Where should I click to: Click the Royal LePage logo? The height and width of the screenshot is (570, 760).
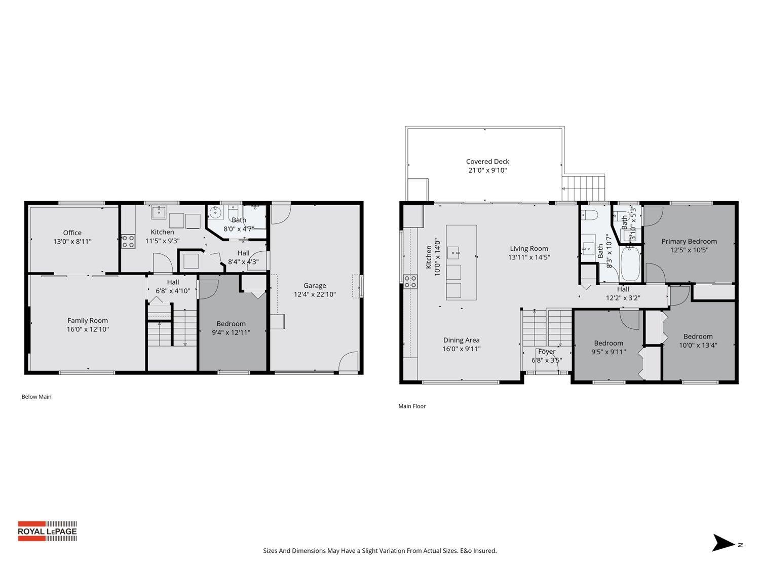point(47,531)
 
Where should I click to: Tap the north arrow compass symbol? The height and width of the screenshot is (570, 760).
point(724,543)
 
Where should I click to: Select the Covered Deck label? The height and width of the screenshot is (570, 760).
point(487,162)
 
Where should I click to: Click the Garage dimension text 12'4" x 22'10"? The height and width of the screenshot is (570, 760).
point(315,294)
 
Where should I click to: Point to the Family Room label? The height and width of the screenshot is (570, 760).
point(88,320)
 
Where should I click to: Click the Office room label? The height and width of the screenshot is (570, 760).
point(72,233)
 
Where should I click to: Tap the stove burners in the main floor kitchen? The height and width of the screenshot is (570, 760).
point(410,281)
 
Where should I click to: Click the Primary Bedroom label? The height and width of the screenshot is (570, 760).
point(689,241)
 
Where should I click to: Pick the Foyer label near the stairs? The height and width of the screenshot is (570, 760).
point(547,352)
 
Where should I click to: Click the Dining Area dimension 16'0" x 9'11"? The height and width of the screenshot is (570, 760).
point(461,349)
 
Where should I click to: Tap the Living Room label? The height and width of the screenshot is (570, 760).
point(529,248)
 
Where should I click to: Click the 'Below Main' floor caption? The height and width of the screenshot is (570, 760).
point(36,397)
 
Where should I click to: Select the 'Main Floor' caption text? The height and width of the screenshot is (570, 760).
point(412,406)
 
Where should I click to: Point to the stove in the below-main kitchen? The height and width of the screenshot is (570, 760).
point(128,241)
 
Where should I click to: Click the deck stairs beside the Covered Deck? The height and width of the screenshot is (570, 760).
point(584,187)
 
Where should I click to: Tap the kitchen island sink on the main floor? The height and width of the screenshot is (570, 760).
point(453,250)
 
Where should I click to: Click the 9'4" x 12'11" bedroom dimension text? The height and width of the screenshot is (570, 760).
point(231,332)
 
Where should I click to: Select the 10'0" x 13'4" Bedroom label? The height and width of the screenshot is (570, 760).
point(698,336)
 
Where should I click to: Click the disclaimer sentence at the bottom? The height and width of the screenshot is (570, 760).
point(379,551)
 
